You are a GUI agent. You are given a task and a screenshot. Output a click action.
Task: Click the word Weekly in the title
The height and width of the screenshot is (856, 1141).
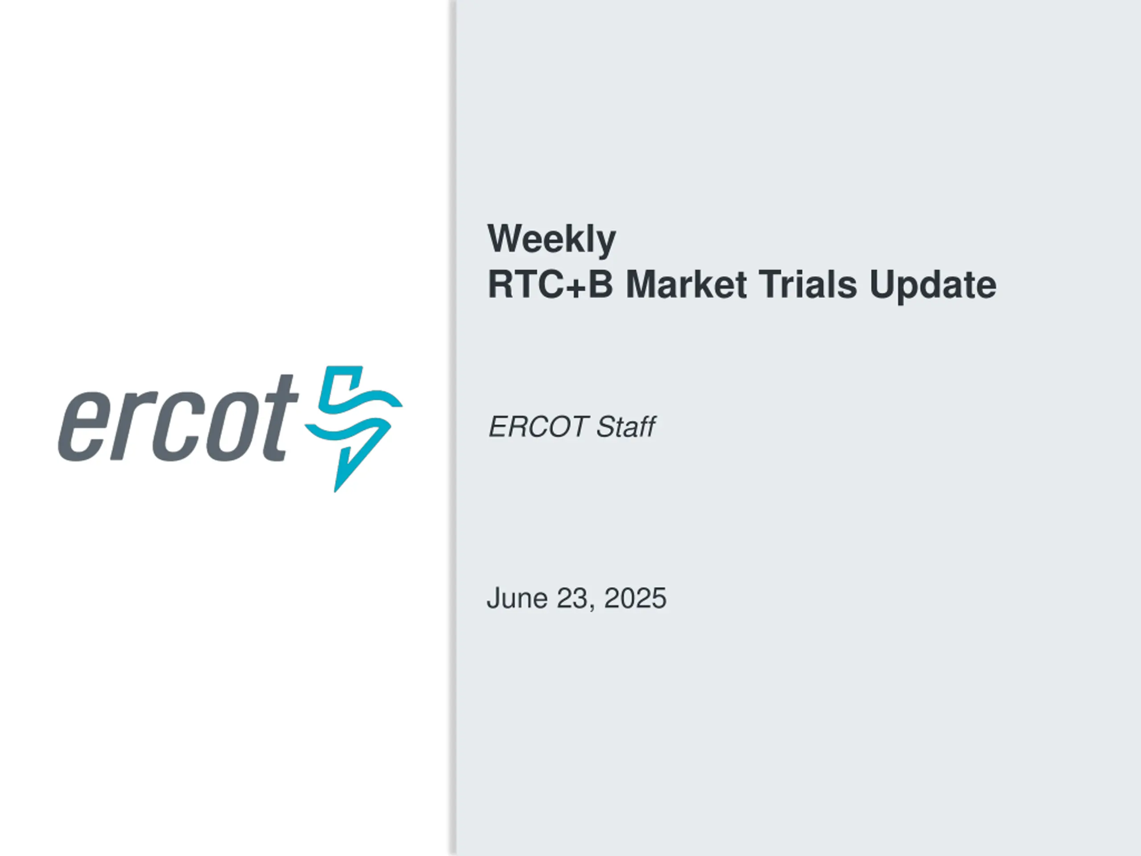[551, 239]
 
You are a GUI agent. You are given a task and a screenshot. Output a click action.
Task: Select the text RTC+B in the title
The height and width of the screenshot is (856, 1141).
[550, 284]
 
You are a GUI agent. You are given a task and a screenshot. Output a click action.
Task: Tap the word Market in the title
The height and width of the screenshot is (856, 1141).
[686, 284]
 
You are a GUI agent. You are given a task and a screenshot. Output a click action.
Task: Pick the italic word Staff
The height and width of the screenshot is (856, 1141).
[626, 427]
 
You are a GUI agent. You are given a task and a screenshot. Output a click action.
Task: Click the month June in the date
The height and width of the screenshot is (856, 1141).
[517, 598]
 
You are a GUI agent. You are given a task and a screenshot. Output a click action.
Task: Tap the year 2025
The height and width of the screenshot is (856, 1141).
[635, 598]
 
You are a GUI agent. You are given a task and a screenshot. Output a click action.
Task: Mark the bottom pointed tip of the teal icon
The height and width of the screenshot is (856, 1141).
[336, 492]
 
